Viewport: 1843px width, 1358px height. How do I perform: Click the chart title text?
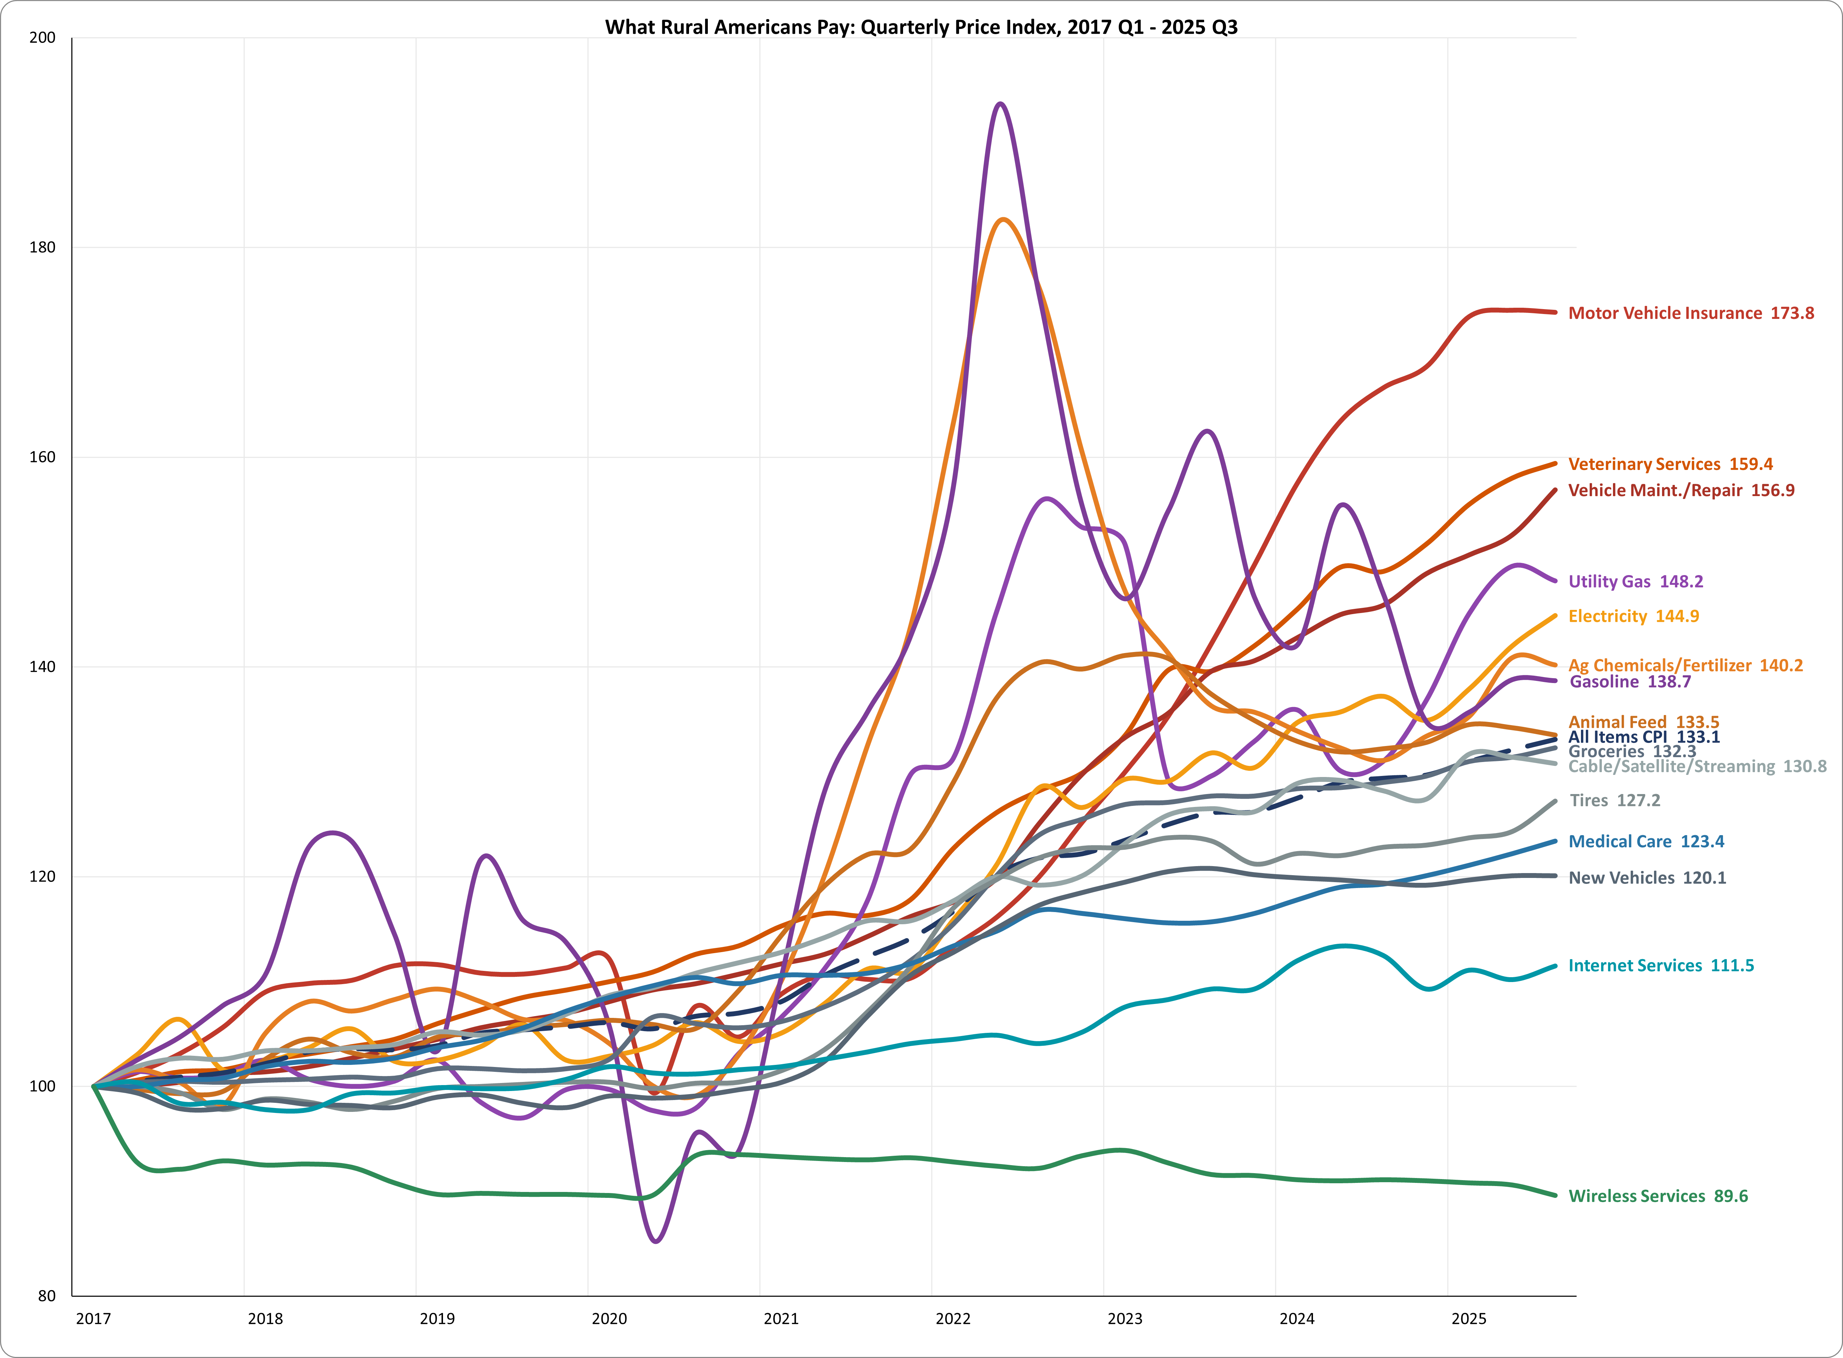click(x=921, y=27)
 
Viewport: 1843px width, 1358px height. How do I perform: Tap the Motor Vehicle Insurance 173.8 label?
click(x=1690, y=313)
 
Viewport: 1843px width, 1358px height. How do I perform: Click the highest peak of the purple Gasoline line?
click(x=999, y=104)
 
